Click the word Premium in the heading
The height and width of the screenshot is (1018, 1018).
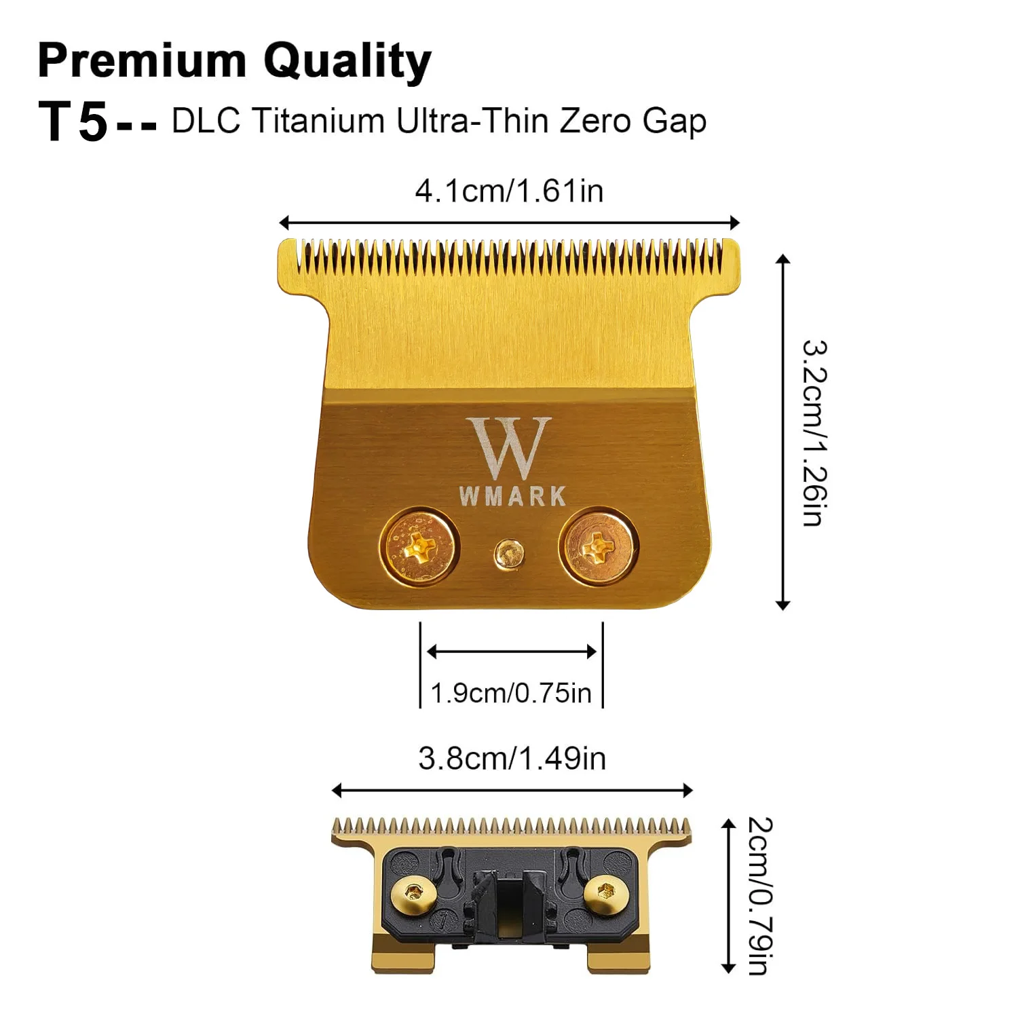(141, 61)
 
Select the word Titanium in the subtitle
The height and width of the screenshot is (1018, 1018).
(318, 121)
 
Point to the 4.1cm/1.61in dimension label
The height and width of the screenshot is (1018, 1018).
(509, 191)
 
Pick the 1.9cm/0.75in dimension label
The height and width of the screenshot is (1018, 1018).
(511, 693)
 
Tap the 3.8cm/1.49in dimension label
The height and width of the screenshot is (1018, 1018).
(512, 758)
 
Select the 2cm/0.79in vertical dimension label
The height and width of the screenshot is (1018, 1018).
(760, 896)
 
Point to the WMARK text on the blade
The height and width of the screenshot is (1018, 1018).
(512, 496)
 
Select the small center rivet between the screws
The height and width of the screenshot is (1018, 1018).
(510, 554)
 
